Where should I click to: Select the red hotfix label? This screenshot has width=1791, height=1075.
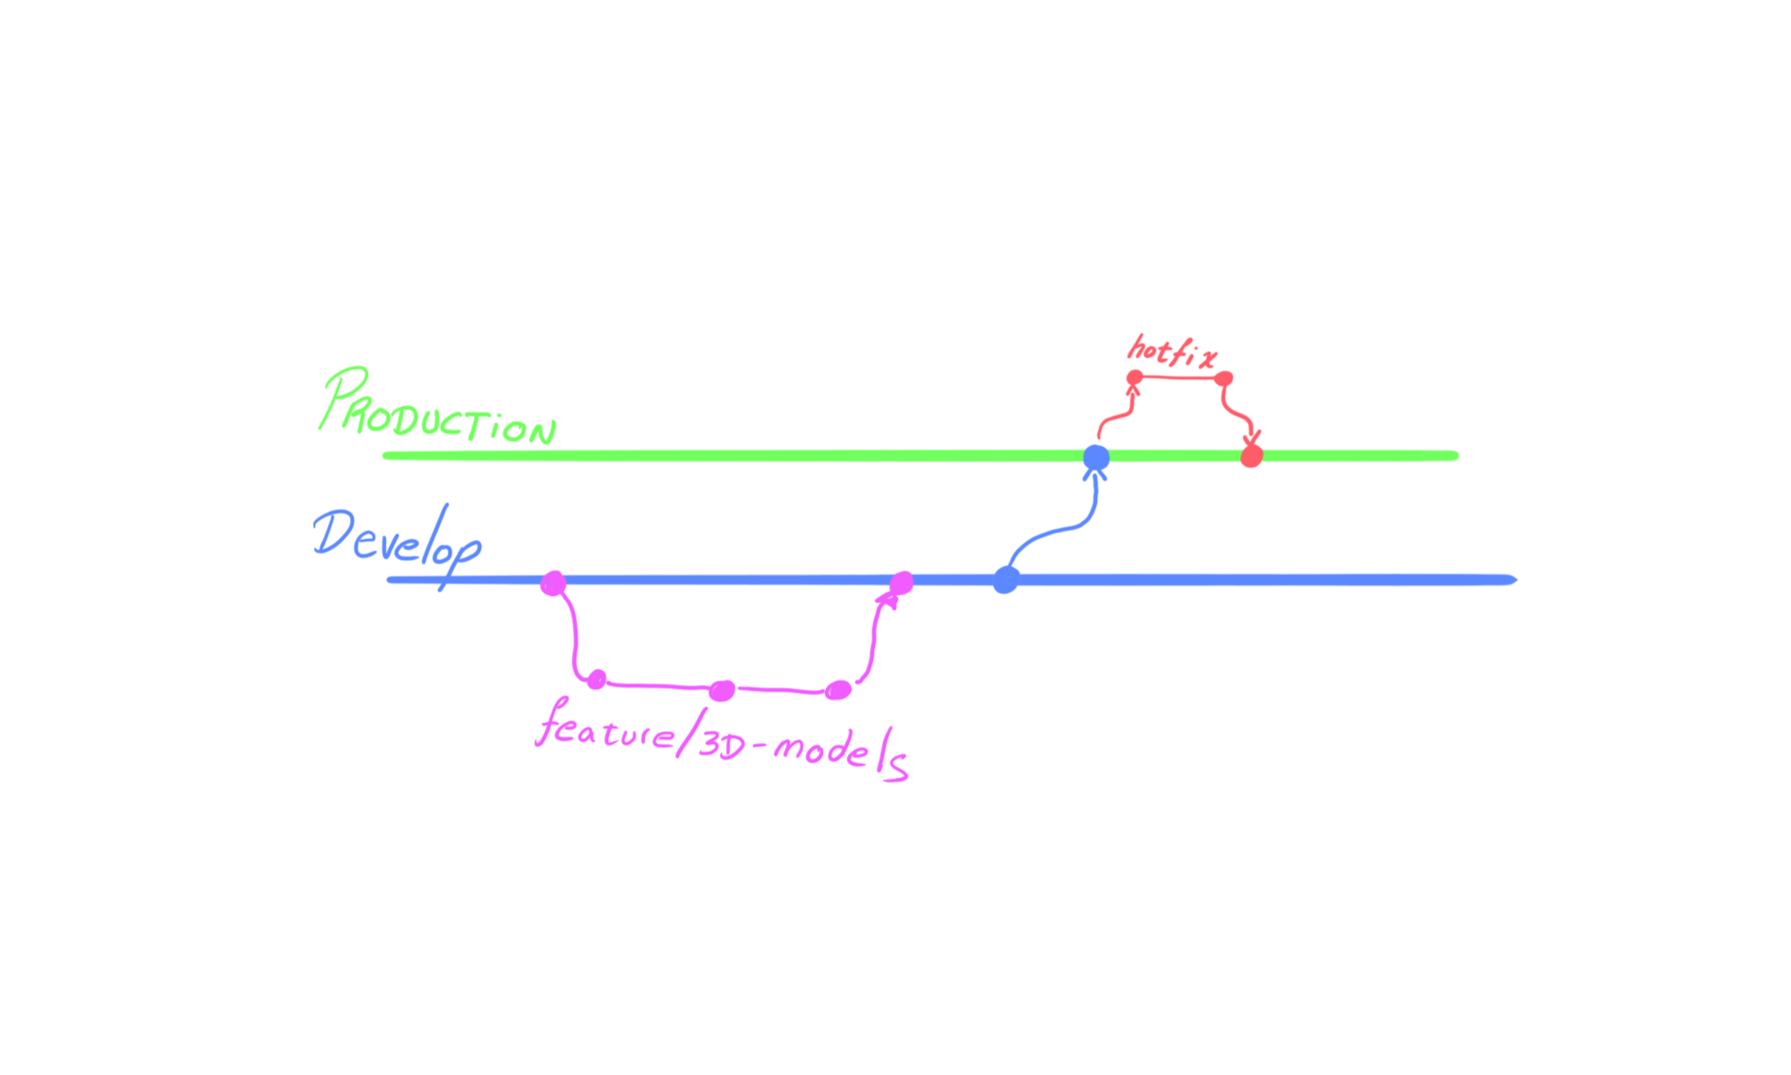point(1171,351)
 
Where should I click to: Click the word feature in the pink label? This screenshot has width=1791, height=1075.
point(604,727)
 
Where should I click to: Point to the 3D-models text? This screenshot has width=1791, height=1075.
point(801,751)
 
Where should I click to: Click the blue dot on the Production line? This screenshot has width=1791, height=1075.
point(1096,458)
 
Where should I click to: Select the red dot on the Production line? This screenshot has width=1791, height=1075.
point(1251,457)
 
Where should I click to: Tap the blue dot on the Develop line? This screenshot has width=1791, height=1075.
point(1006,580)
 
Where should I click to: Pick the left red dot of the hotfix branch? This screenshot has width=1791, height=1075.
point(1135,377)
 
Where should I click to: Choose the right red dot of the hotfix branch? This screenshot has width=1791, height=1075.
point(1224,379)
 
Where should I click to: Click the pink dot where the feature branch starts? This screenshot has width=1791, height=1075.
point(553,584)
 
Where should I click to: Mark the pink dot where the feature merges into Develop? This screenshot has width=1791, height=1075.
point(901,583)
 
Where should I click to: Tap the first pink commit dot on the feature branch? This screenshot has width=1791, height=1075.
point(596,679)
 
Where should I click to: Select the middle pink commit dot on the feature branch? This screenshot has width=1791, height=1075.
point(722,691)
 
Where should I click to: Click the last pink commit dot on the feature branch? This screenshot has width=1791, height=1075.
point(837,690)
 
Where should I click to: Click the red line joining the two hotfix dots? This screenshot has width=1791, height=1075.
point(1179,378)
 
